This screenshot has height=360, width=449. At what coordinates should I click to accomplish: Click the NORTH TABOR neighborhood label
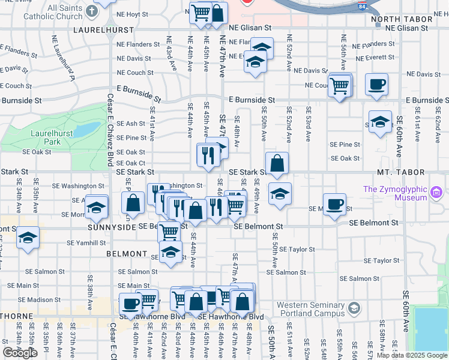click(x=410, y=19)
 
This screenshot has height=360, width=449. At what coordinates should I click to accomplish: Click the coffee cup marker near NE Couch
click(x=376, y=85)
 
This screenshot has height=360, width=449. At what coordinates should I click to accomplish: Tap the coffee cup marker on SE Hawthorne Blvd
click(x=130, y=303)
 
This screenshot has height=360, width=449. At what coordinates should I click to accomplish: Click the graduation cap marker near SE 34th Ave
click(x=28, y=238)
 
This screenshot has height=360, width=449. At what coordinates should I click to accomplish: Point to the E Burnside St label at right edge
click(x=427, y=100)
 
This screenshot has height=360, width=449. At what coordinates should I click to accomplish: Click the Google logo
click(x=20, y=353)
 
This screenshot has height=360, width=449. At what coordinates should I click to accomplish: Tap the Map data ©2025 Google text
click(x=411, y=355)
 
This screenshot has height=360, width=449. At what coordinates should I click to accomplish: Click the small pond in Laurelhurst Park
click(x=88, y=130)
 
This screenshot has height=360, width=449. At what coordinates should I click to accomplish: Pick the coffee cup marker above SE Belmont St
click(x=334, y=204)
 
